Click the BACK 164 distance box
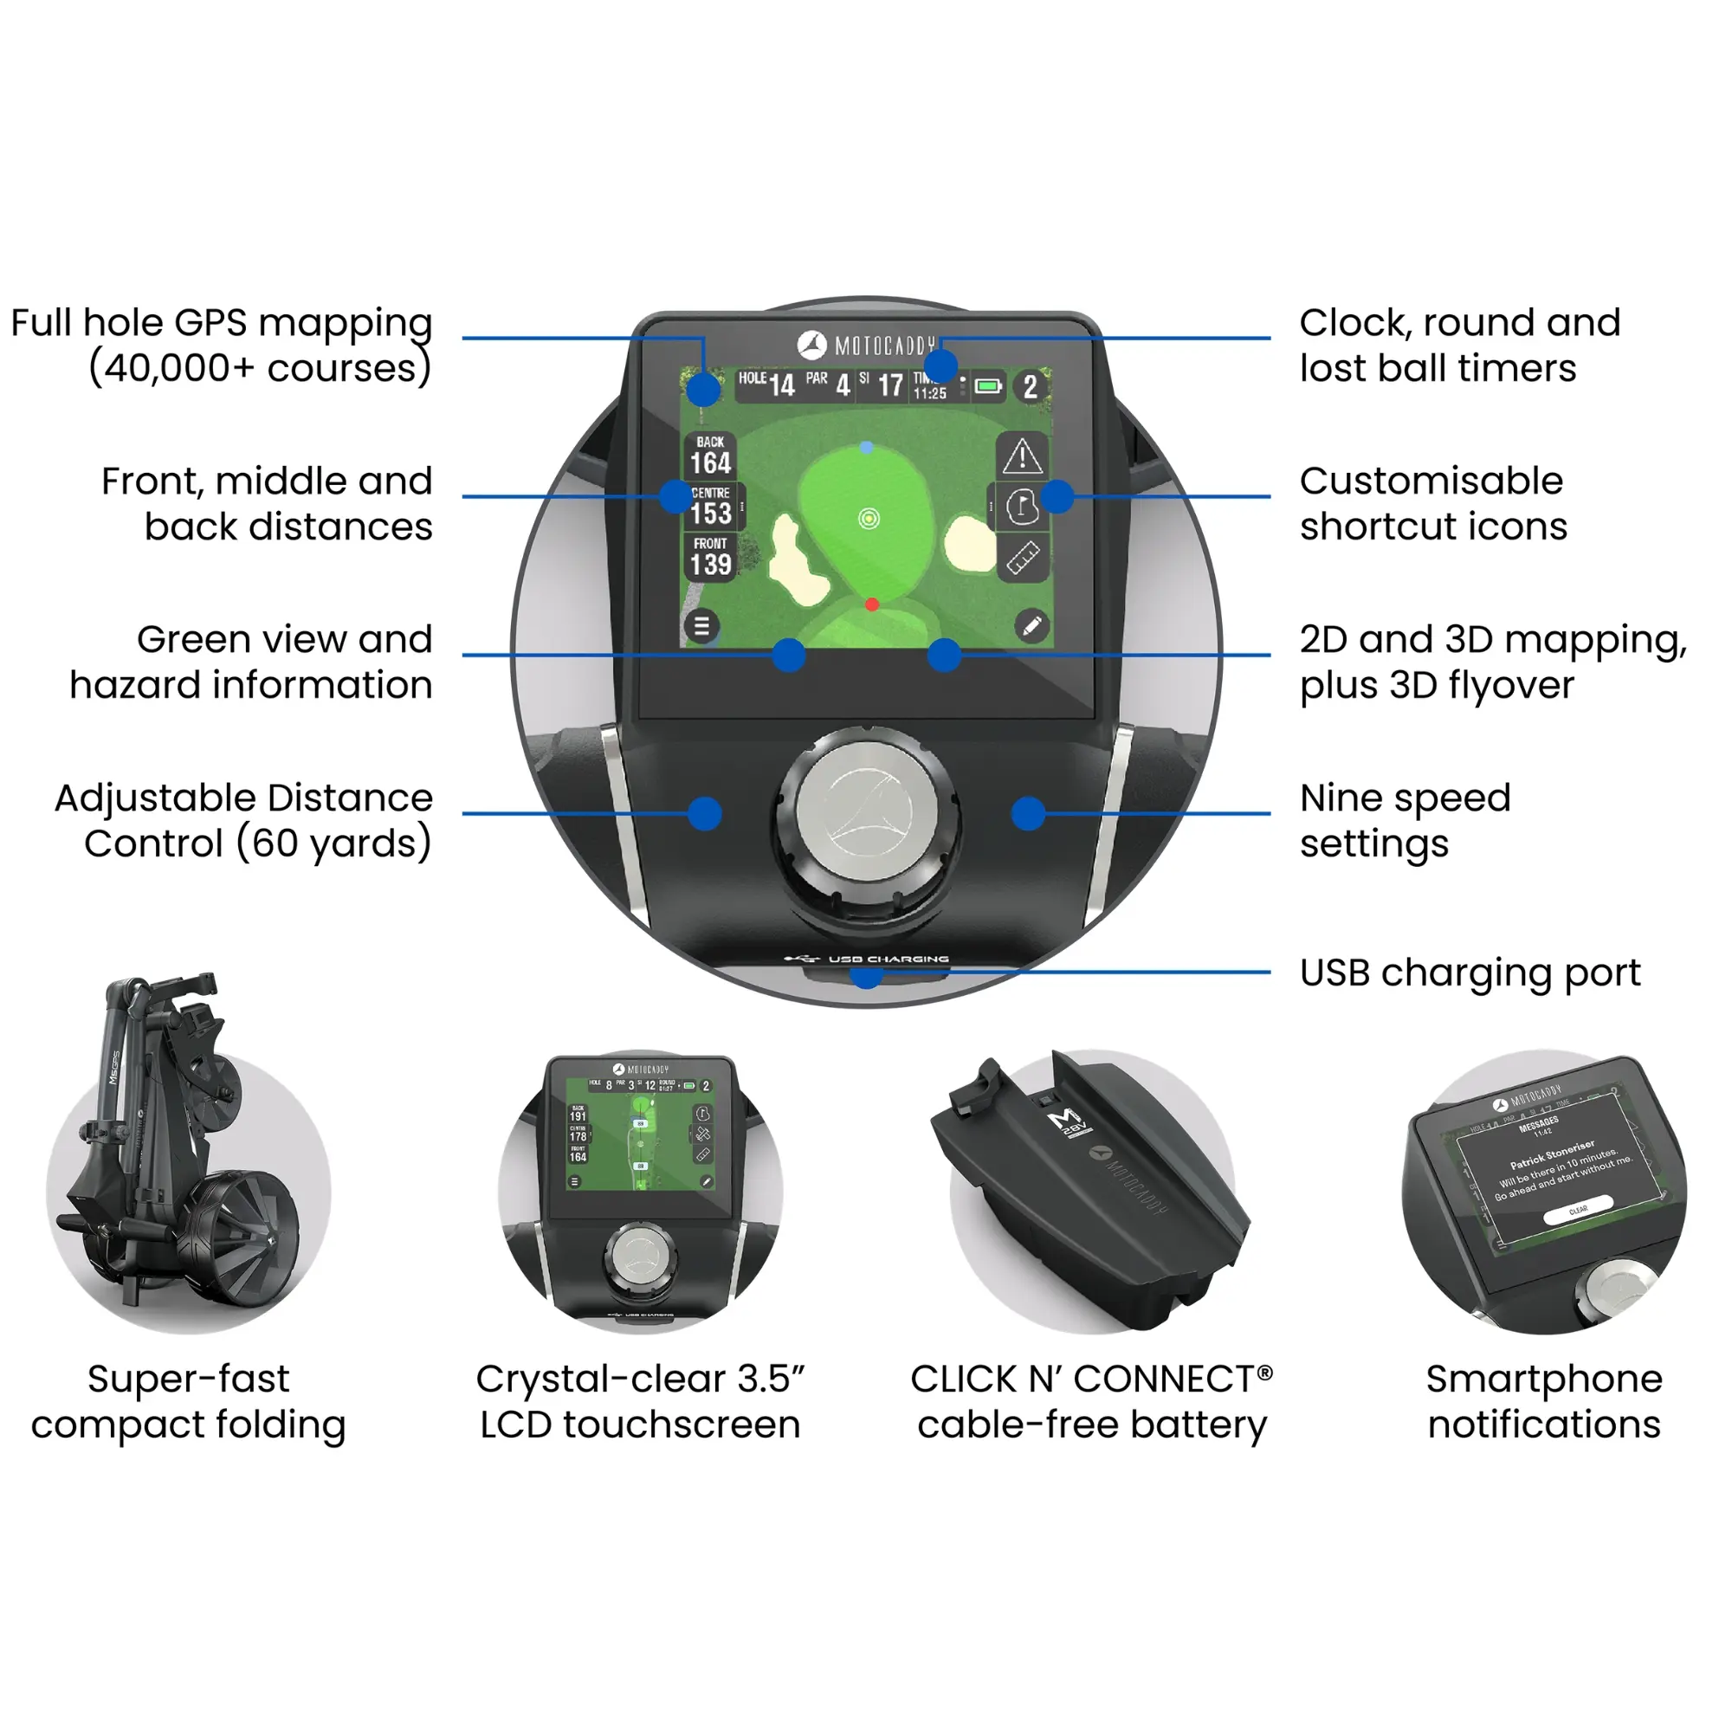[711, 456]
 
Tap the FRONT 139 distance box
[711, 557]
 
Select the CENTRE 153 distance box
[712, 507]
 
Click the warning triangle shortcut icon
[1022, 456]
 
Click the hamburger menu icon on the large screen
[702, 626]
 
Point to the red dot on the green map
[871, 605]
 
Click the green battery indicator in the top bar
[988, 386]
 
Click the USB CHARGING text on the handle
[888, 960]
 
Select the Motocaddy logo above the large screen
[866, 346]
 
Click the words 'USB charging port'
[1470, 973]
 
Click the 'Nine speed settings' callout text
[1405, 820]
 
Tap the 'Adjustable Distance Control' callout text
[244, 820]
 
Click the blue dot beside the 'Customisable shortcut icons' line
[1058, 496]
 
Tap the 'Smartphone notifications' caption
[1544, 1401]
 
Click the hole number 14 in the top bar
[782, 386]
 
